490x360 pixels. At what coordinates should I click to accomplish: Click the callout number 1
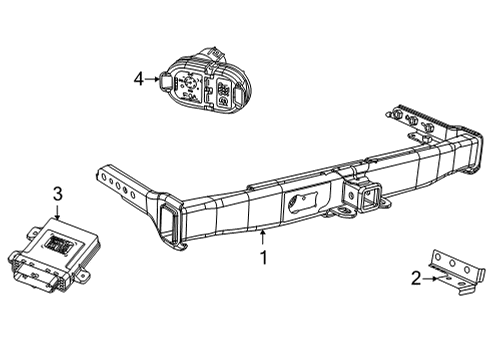[x=263, y=257]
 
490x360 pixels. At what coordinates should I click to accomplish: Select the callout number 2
[x=416, y=279]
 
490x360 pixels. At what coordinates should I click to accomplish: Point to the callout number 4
[x=140, y=77]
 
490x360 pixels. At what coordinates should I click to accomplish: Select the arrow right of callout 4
[x=154, y=77]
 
